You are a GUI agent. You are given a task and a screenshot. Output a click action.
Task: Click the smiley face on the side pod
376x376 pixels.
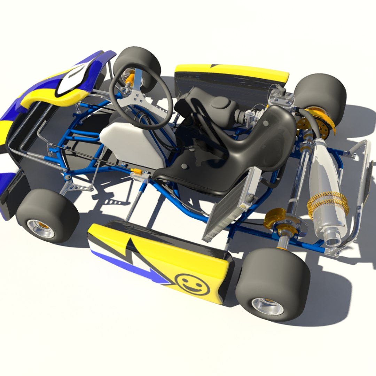pos(192,284)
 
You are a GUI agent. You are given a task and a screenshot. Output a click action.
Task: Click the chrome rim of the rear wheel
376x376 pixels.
pos(267,306)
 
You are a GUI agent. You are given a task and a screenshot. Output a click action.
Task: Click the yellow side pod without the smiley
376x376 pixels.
pos(232,71)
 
